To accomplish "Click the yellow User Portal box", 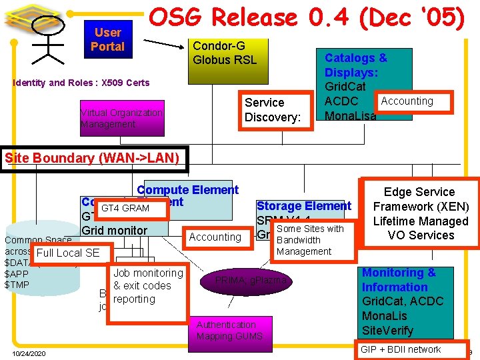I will coord(107,39).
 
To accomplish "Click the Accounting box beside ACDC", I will coord(407,101).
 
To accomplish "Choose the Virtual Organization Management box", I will coord(121,119).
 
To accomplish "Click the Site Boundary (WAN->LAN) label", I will coord(92,158).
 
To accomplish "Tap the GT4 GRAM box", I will coord(125,209).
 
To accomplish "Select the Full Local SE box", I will coord(68,253).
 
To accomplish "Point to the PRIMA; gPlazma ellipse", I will coord(251,281).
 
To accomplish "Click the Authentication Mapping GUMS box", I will coord(229,331).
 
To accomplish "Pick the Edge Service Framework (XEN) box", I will coord(421,213).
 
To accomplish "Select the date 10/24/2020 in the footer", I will coord(29,353).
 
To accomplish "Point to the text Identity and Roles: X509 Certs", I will coord(81,83).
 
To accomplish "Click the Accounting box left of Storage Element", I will coord(215,237).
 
